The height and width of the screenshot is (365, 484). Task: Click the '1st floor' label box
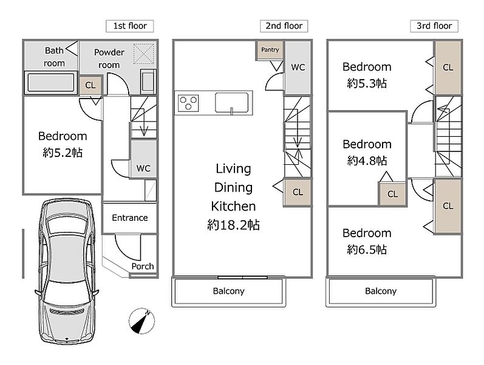tap(129, 26)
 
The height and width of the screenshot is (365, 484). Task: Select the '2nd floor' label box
tap(284, 26)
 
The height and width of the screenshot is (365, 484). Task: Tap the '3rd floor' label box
tap(434, 26)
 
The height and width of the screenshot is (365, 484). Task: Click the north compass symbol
tap(141, 321)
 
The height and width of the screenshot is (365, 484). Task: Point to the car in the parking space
tap(67, 271)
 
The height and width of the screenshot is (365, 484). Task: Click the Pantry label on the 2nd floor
tap(270, 50)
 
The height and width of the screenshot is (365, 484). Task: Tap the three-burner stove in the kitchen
tap(188, 103)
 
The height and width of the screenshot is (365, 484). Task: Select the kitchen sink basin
tap(232, 102)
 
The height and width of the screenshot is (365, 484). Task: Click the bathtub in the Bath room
tap(51, 82)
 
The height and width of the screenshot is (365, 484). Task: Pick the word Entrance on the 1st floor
tap(129, 218)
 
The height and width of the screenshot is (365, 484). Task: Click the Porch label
tap(143, 266)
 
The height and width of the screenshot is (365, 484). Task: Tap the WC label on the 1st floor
tap(143, 169)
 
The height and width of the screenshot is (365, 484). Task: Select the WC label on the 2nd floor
tap(298, 67)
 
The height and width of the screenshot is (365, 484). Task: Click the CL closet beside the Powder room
tap(90, 85)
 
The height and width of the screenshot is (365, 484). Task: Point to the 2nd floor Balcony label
tap(228, 291)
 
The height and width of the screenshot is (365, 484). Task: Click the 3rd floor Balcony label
tap(381, 291)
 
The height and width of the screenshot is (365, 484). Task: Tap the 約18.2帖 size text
tap(233, 225)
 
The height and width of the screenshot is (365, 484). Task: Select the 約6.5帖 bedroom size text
tap(367, 249)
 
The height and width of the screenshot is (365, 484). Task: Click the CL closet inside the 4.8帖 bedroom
tap(393, 194)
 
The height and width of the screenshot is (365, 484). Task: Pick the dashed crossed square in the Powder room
tap(143, 54)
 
